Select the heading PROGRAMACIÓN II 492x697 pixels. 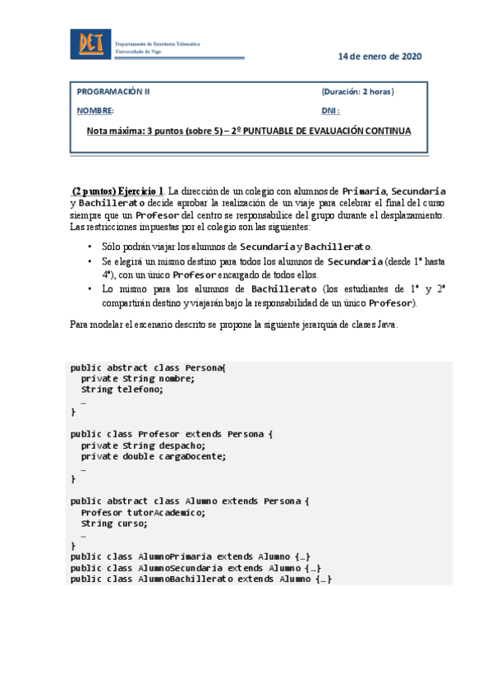[x=113, y=92]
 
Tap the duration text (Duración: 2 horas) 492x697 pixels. [x=358, y=92]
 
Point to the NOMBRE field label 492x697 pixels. [x=95, y=110]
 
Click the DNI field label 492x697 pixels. [x=331, y=110]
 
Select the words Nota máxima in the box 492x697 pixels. [x=117, y=131]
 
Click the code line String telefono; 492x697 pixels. [x=122, y=389]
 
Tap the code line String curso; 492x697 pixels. [x=114, y=522]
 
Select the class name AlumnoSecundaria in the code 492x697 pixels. [x=180, y=567]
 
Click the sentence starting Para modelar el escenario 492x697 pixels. [x=234, y=325]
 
